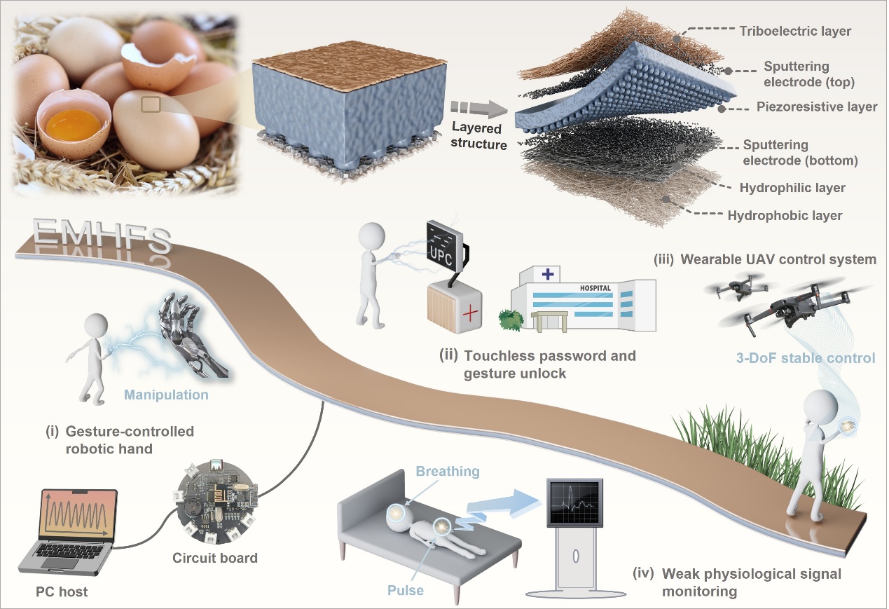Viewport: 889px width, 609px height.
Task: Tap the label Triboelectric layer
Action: tap(795, 31)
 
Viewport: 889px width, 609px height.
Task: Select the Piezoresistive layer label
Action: tap(817, 107)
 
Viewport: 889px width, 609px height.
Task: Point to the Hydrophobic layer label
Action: tap(785, 216)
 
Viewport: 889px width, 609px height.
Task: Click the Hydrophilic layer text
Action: tap(792, 188)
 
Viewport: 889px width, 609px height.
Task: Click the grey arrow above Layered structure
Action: tap(478, 109)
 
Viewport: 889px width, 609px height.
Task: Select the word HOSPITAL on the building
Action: tap(595, 288)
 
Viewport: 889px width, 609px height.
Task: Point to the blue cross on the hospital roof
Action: tap(548, 274)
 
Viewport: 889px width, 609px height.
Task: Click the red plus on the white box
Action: tap(470, 314)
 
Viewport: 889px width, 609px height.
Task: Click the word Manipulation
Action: tap(166, 395)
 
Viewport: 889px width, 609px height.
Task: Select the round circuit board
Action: tap(216, 502)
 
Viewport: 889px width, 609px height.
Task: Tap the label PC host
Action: tap(62, 591)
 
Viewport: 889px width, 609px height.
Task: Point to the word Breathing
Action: tap(448, 471)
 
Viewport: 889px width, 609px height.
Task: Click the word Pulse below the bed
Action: tap(405, 590)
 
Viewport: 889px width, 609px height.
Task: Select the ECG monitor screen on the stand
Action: tap(574, 502)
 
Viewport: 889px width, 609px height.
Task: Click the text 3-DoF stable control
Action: tap(806, 358)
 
